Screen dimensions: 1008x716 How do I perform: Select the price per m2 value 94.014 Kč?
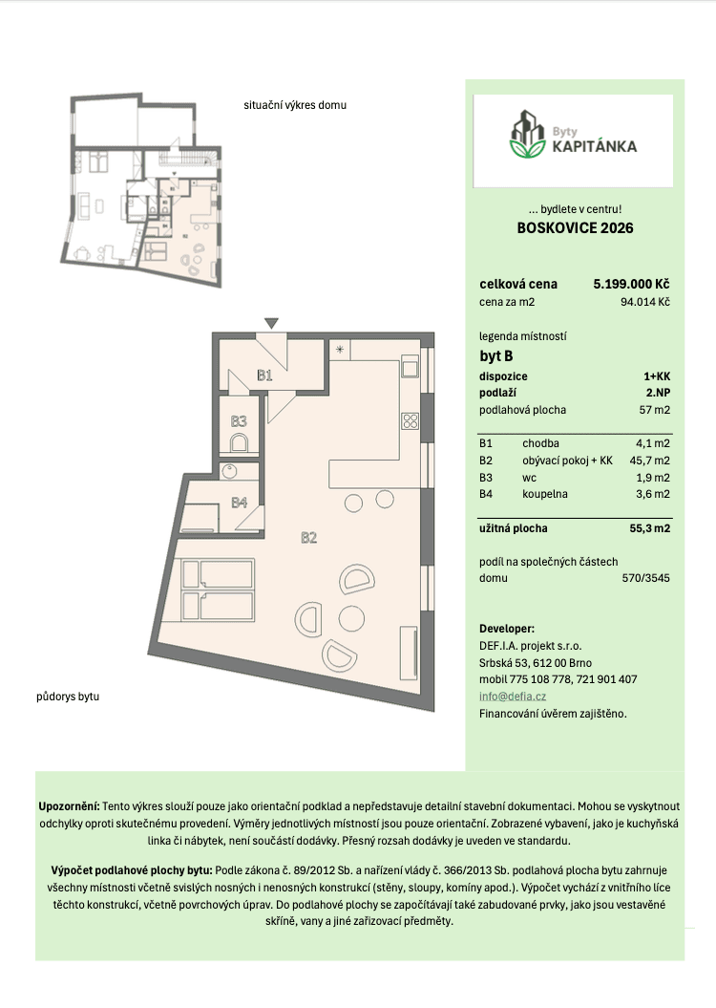(x=644, y=302)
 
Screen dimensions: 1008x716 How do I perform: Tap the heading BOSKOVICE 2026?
(x=574, y=228)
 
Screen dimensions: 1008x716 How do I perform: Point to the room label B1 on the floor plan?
(x=265, y=375)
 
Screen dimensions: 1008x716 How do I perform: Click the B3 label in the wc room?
(x=239, y=420)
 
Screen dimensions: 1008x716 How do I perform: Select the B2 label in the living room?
(x=308, y=538)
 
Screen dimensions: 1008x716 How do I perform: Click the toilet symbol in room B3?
(x=240, y=441)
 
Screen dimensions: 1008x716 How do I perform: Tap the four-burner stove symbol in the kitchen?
(x=411, y=420)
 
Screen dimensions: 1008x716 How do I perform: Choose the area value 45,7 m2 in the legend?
(x=649, y=460)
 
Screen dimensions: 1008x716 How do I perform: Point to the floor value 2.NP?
(x=657, y=393)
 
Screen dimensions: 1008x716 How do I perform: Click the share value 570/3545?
(x=644, y=578)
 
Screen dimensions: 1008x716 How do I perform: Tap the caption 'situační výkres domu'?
(x=295, y=105)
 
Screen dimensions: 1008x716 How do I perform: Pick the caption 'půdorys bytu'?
(x=70, y=697)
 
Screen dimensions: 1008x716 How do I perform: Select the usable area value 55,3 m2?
(x=649, y=527)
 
